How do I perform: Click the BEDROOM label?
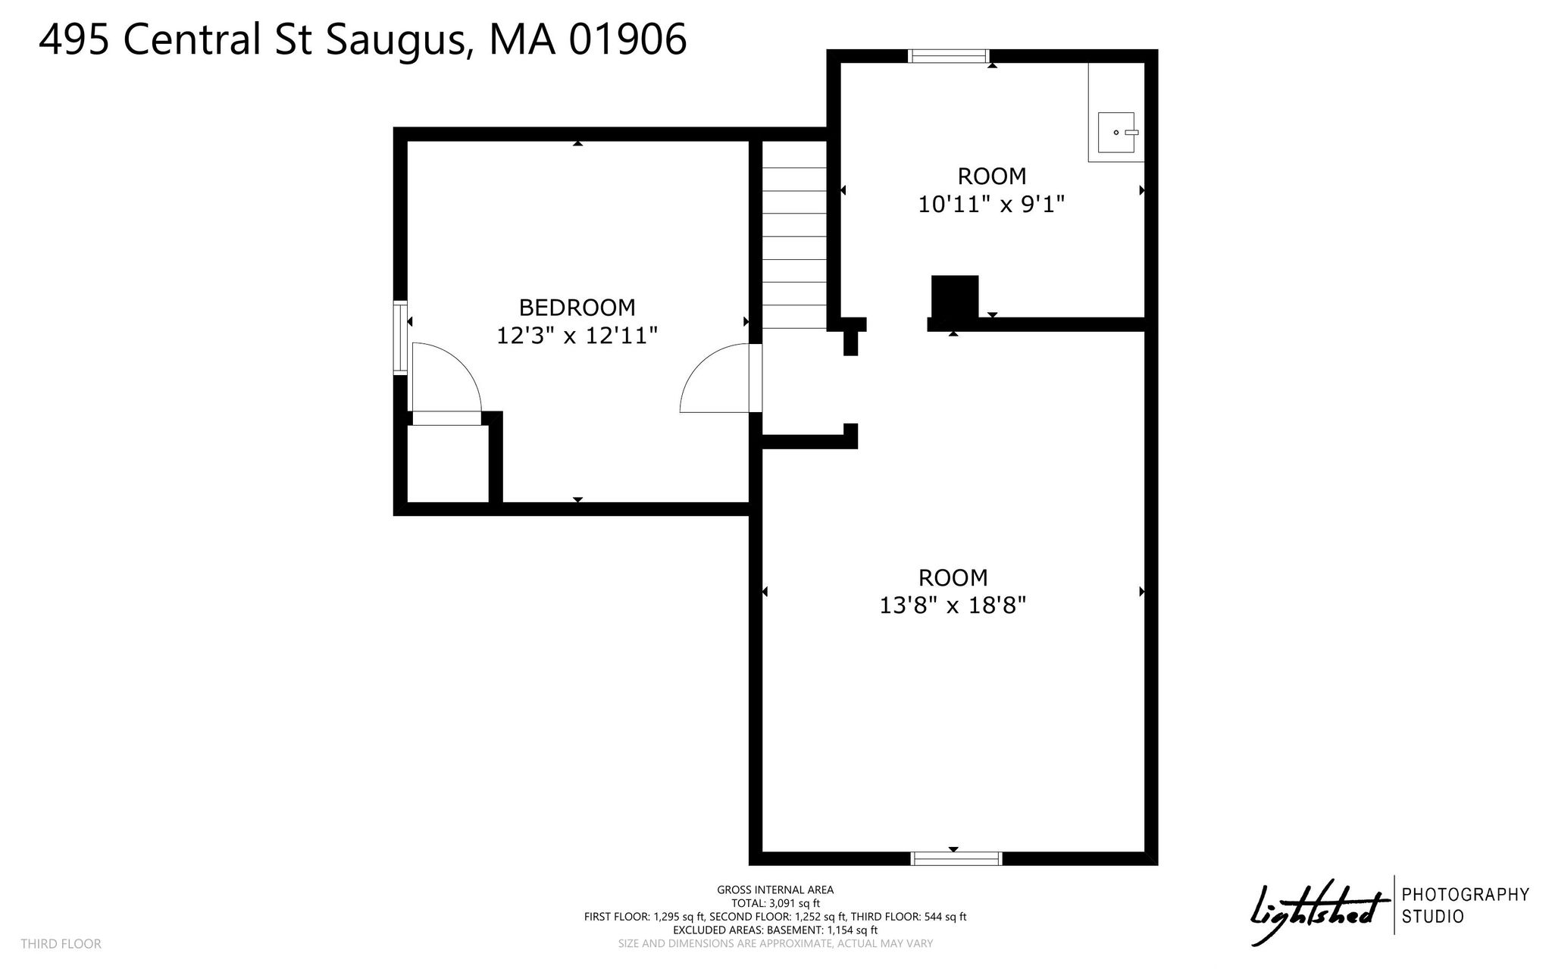577,308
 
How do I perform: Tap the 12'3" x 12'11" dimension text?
577,336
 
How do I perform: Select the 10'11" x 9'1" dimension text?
992,205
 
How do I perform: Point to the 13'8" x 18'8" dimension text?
953,606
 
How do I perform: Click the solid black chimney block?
955,298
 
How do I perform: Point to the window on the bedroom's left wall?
400,338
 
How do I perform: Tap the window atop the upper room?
950,55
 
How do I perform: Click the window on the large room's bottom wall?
956,858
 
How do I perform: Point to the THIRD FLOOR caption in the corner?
61,944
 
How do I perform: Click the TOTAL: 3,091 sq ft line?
775,903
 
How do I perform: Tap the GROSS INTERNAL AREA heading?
775,890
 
